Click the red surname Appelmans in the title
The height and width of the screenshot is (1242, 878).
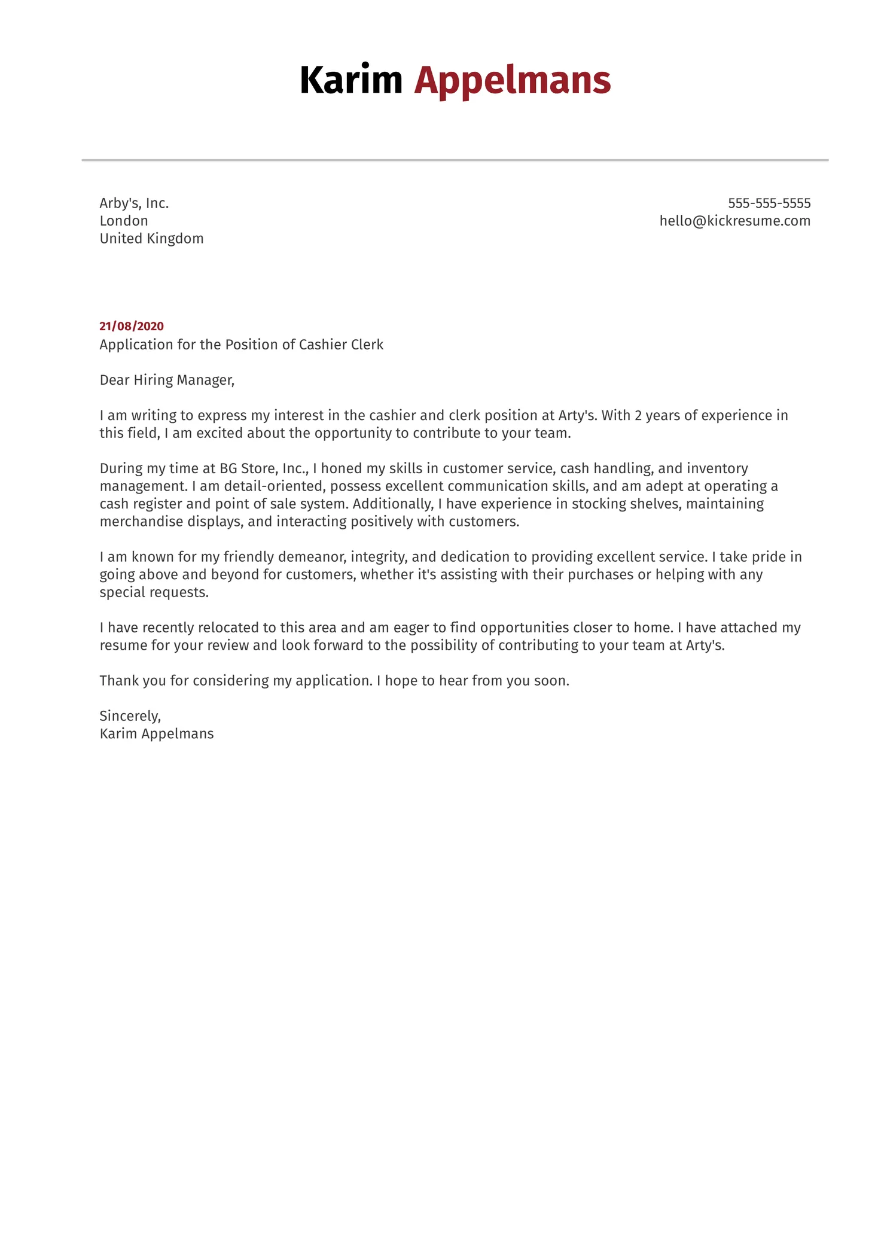[512, 81]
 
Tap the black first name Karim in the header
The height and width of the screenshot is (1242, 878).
[350, 80]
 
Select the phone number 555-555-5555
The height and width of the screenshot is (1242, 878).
[769, 203]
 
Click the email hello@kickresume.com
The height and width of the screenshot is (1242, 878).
[734, 221]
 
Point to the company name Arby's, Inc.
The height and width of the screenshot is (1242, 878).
[134, 203]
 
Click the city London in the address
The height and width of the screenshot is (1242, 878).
[124, 221]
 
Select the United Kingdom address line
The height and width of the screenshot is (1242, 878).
[151, 239]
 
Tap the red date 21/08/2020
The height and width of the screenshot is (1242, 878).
[132, 326]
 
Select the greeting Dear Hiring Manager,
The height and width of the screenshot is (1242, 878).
[167, 380]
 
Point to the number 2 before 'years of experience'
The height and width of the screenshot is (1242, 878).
[638, 415]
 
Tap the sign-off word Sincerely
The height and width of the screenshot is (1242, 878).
[130, 716]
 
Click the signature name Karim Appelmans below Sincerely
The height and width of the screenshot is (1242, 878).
[157, 734]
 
